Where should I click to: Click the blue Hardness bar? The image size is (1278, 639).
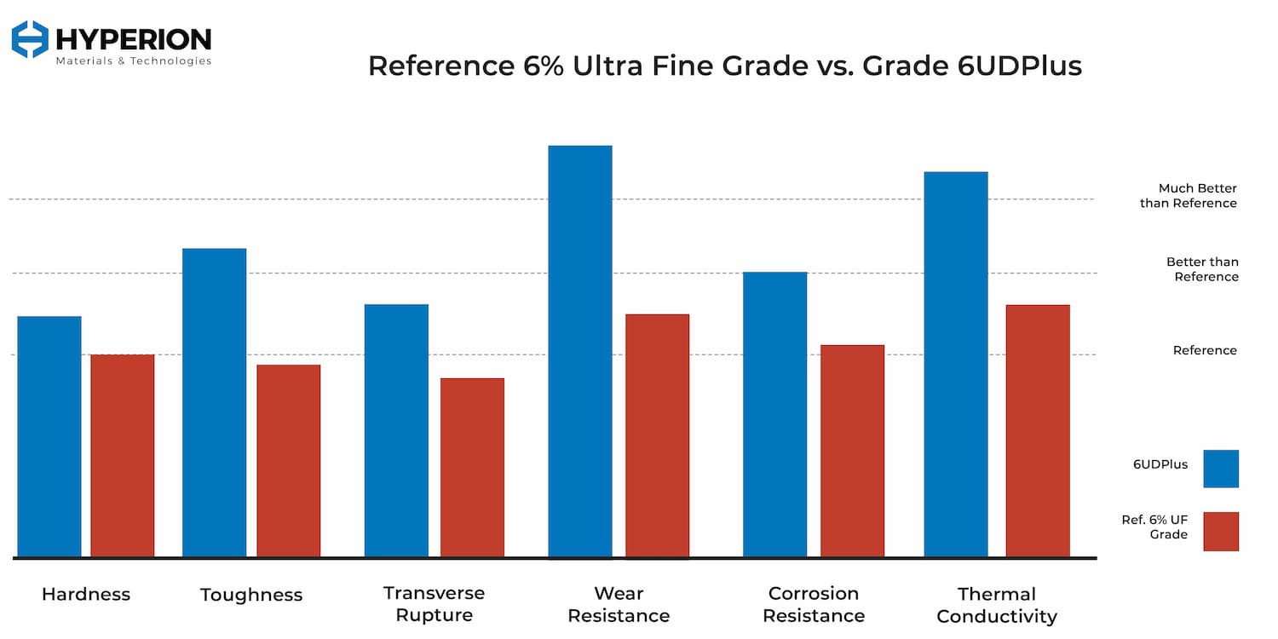click(x=49, y=436)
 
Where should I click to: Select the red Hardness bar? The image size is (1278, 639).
click(x=123, y=456)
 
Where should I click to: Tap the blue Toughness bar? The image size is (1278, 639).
click(x=214, y=402)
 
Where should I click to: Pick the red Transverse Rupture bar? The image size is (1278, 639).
click(x=472, y=467)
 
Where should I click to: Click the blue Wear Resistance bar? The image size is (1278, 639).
click(x=580, y=351)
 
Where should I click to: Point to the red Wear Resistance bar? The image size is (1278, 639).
click(x=657, y=435)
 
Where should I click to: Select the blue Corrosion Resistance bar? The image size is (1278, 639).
click(x=774, y=414)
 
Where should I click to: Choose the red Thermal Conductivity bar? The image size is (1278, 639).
click(x=1038, y=430)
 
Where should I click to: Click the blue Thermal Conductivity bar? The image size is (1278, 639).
click(x=956, y=365)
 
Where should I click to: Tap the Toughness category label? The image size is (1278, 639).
click(x=251, y=595)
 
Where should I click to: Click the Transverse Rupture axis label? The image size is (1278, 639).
click(x=434, y=603)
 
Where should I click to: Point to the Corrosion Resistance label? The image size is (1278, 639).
click(x=814, y=604)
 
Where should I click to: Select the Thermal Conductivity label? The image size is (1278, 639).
click(x=997, y=605)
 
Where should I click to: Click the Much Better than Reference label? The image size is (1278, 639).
click(x=1189, y=196)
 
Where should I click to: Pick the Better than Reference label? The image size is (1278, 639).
click(x=1202, y=269)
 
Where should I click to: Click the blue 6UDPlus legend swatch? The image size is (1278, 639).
click(x=1221, y=469)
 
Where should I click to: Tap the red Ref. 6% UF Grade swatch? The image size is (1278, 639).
click(x=1221, y=531)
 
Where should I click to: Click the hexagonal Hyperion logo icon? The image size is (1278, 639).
click(x=31, y=39)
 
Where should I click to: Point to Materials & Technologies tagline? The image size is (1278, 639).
click(x=133, y=61)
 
